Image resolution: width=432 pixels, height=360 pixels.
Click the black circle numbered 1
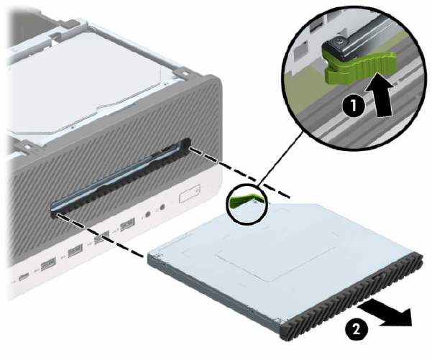pos(354,106)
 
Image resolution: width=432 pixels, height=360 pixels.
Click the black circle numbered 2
pos(357,330)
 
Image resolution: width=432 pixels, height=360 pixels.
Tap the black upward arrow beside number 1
pos(379,94)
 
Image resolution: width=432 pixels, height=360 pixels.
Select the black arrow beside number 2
pos(386,313)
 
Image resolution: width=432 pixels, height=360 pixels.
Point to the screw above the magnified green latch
pos(338,41)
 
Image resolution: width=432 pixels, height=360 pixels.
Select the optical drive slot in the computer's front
pos(120,177)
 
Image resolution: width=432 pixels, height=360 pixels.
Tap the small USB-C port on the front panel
pos(24,277)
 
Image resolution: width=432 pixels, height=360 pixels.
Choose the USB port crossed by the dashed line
pos(101,237)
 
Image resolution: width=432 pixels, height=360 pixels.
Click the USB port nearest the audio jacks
pos(127,224)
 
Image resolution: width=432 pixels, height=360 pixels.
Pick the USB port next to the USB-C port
pos(48,264)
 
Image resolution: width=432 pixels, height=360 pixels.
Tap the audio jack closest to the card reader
pos(162,207)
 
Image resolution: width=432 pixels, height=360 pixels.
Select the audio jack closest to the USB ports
pos(148,214)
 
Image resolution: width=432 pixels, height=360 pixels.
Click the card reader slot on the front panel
pos(189,193)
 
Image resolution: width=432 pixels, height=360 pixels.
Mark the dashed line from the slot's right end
pos(239,172)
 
